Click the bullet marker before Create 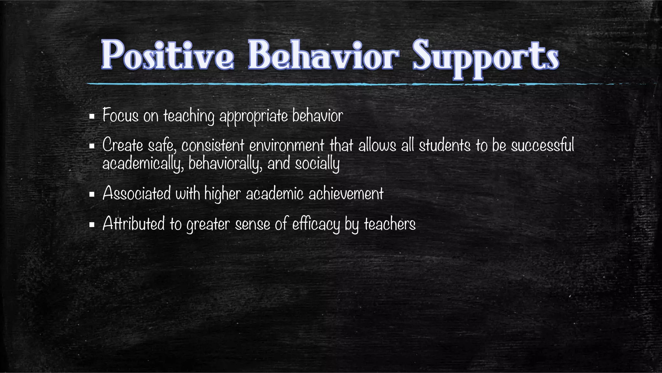[92, 146]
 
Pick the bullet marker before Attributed [92, 225]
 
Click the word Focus [120, 115]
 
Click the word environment [286, 145]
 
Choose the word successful [542, 145]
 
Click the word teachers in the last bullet [390, 224]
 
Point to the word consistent [212, 145]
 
